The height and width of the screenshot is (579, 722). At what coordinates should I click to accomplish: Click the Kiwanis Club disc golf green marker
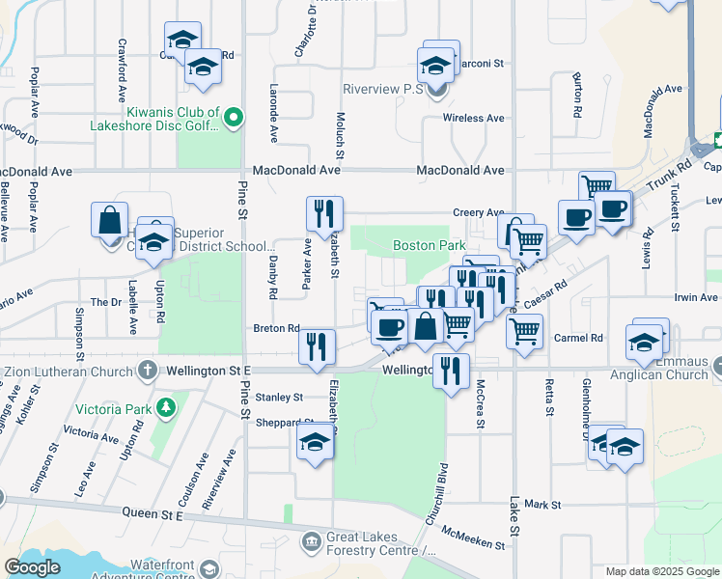[233, 119]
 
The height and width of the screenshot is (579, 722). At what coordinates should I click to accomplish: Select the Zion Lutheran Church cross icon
[147, 370]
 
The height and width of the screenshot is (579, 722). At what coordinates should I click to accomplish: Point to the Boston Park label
[430, 246]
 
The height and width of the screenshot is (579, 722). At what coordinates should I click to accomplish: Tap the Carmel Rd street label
[579, 338]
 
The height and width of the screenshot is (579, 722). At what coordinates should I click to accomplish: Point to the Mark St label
[543, 505]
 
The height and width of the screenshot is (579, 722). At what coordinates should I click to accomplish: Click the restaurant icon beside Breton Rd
[317, 346]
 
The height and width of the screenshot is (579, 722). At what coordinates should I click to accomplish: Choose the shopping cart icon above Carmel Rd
[524, 331]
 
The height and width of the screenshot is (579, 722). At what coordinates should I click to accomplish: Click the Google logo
[33, 567]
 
